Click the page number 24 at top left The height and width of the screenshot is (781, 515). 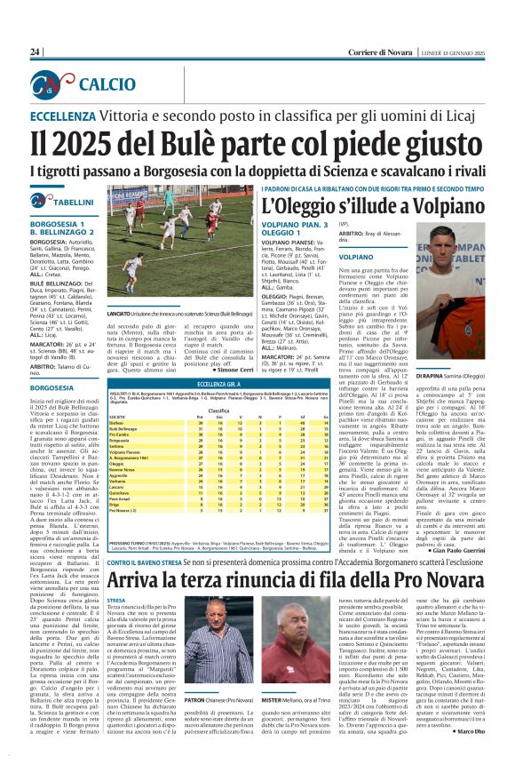click(36, 52)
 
